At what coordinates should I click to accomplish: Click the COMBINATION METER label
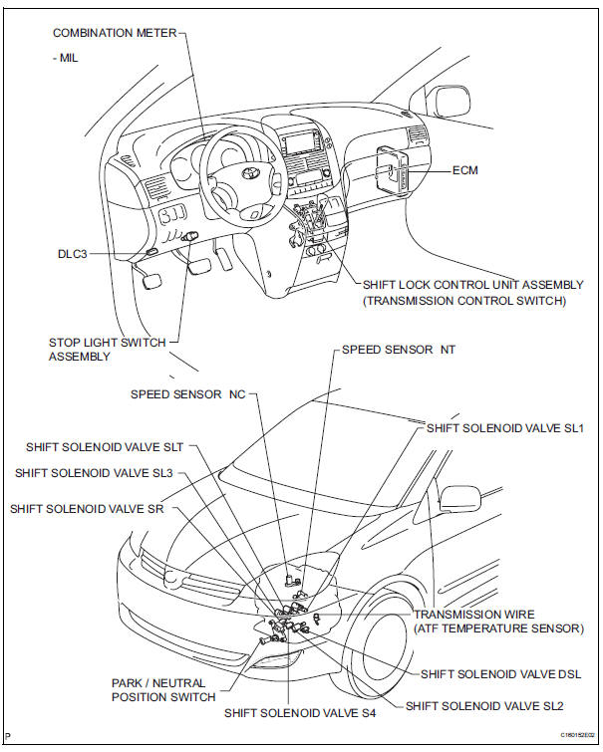pyautogui.click(x=113, y=33)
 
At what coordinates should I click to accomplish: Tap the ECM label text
pyautogui.click(x=465, y=170)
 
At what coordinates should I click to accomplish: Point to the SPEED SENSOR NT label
pyautogui.click(x=398, y=351)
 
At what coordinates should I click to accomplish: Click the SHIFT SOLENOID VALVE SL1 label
pyautogui.click(x=504, y=427)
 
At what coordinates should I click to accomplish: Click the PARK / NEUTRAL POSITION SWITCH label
pyautogui.click(x=162, y=689)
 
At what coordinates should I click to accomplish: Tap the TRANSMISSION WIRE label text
pyautogui.click(x=474, y=615)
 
